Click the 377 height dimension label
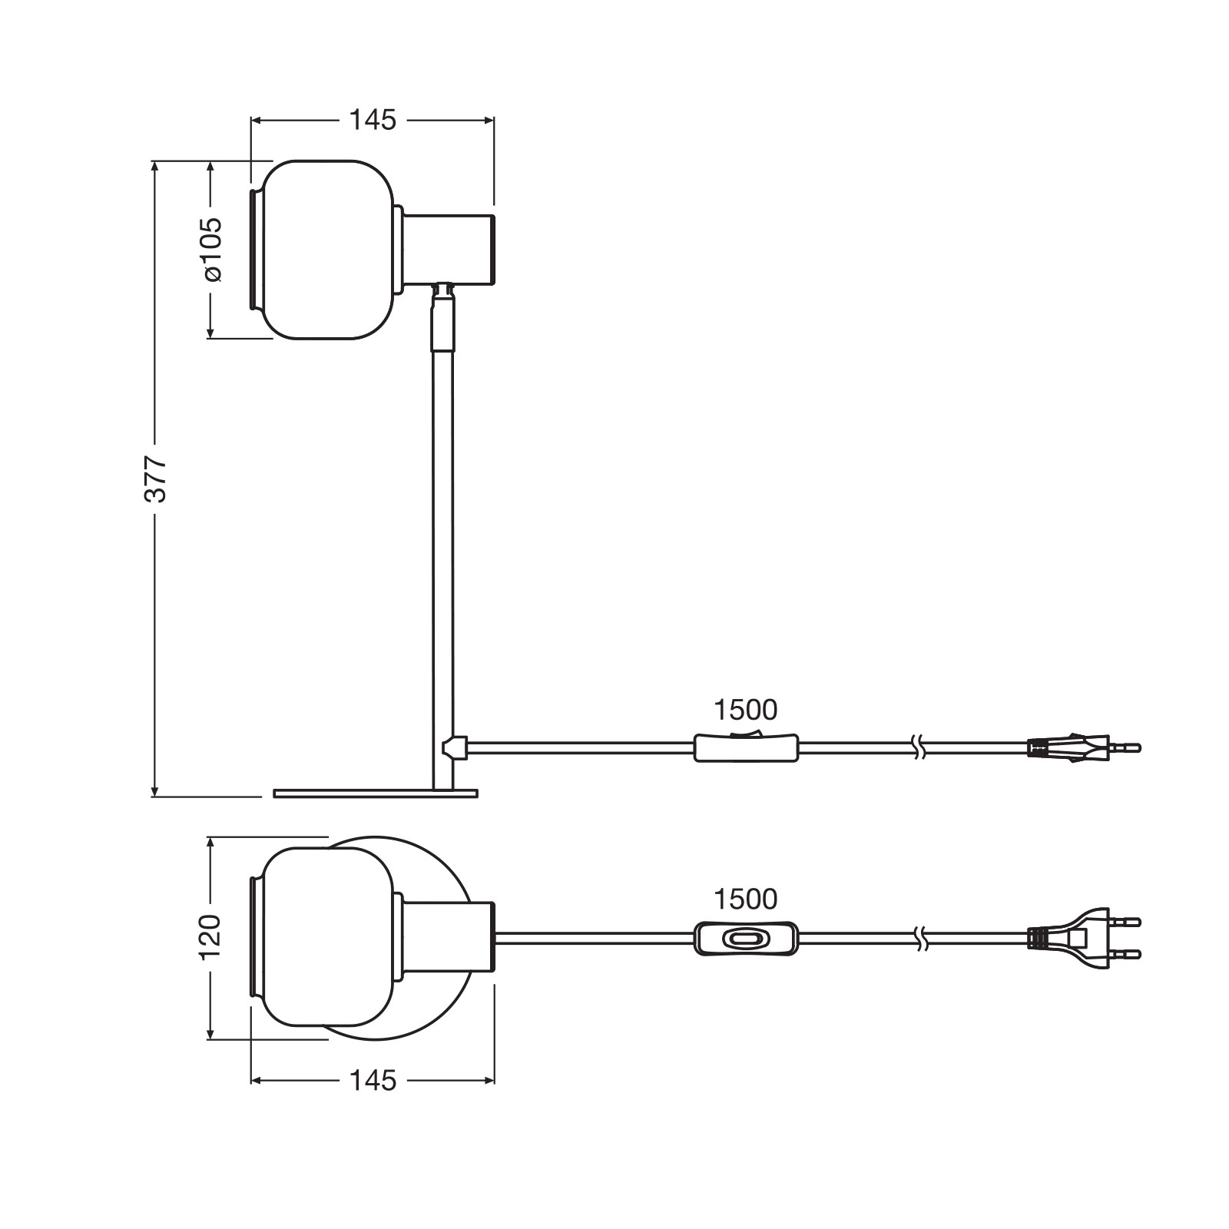tap(156, 479)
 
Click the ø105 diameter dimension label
tap(211, 249)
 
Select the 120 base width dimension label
tap(210, 936)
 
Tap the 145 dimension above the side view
tap(373, 120)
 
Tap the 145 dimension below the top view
tap(373, 1081)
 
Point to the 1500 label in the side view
tap(745, 710)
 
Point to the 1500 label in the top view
tap(745, 899)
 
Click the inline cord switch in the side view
tap(746, 746)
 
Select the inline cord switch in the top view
tap(746, 938)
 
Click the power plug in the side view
tap(1084, 746)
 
